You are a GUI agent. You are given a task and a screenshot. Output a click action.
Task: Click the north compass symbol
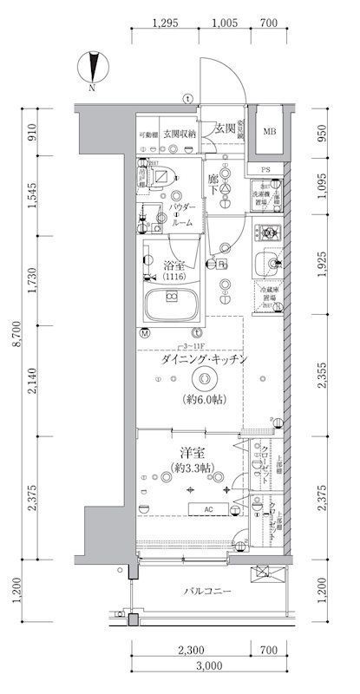[x=92, y=68]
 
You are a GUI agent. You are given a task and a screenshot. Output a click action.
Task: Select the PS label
[x=266, y=169]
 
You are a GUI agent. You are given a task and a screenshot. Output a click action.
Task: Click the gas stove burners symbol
[x=267, y=232]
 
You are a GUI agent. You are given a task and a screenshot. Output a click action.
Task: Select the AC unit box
[x=208, y=509]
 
